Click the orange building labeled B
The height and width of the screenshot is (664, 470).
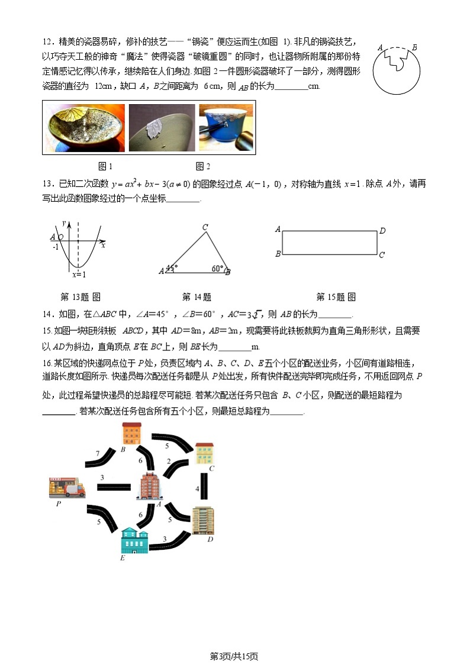pos(131,433)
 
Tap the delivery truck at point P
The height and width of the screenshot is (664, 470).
pos(66,486)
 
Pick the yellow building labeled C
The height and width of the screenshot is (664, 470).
pos(204,453)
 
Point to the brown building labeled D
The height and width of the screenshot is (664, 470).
pos(202,520)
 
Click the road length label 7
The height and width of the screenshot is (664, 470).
pos(98,453)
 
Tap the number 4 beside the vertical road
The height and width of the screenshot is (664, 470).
pos(197,489)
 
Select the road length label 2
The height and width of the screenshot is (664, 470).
pos(168,461)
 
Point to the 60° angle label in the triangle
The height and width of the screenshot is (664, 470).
pos(217,269)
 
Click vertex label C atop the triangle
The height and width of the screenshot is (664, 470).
pos(205,227)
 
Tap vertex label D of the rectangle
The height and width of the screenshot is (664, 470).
pos(382,231)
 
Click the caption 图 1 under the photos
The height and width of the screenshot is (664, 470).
pos(105,166)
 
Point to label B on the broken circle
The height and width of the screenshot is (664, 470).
pos(414,48)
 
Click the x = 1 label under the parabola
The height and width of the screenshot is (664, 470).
pos(79,275)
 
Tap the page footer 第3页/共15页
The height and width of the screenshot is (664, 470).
pos(234,656)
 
